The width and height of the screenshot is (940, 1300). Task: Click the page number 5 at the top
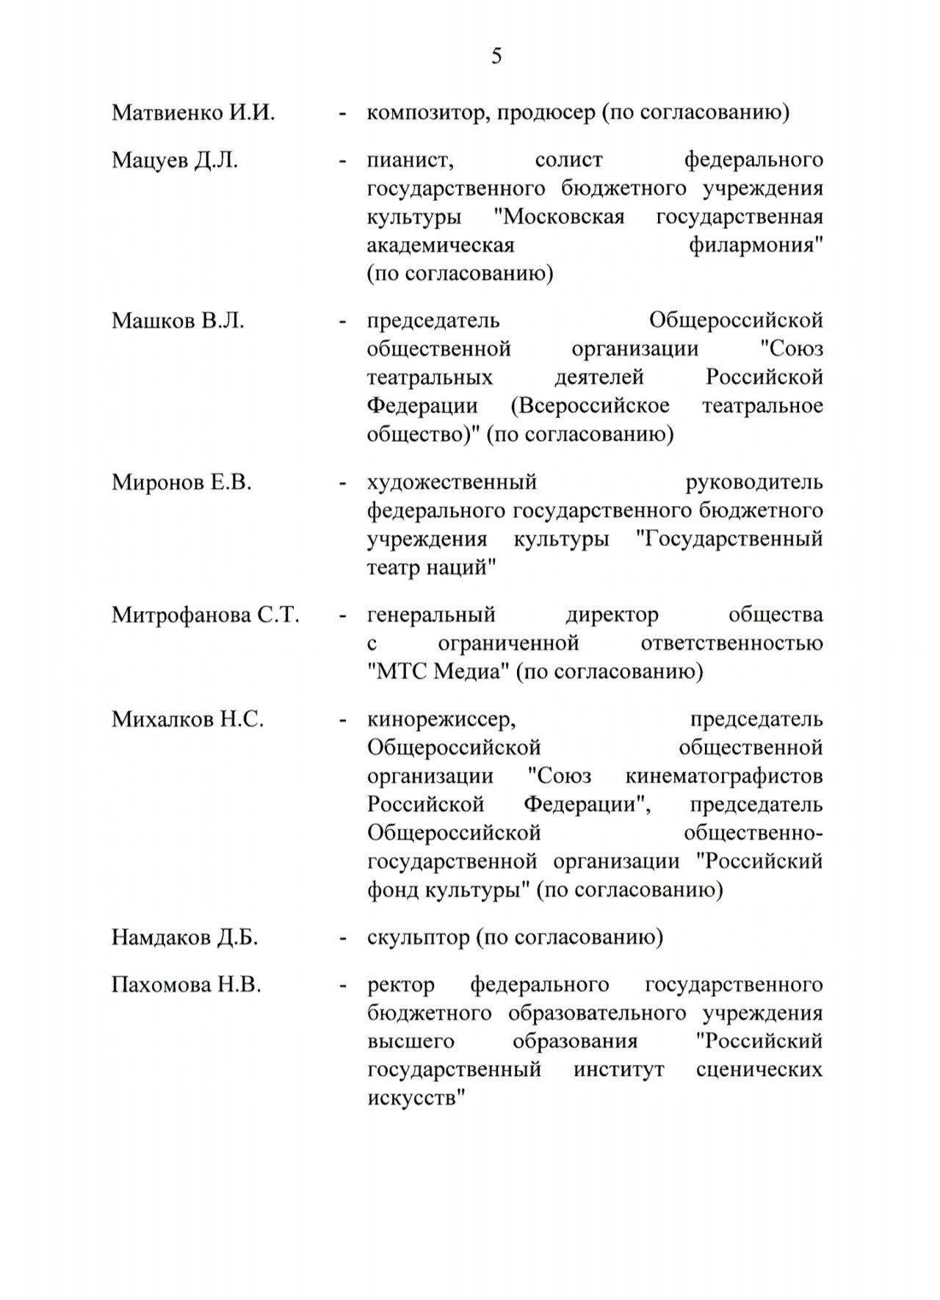(496, 57)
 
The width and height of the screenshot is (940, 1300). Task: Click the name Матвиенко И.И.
(193, 113)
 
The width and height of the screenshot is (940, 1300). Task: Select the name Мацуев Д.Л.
(175, 160)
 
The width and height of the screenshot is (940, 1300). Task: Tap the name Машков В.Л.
(178, 321)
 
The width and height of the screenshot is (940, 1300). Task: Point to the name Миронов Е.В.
(181, 483)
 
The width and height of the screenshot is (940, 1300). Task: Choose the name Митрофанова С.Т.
(206, 615)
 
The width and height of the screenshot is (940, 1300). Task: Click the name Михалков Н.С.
(187, 719)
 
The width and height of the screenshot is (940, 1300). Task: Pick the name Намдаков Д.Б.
(185, 937)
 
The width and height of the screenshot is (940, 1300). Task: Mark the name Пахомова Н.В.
(187, 984)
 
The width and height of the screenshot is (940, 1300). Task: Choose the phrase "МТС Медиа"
(438, 672)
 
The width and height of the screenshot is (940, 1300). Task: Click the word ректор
(400, 985)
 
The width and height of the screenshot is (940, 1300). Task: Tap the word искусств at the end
(416, 1099)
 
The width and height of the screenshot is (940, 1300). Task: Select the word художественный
(452, 483)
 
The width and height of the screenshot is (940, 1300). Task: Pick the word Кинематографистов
(723, 776)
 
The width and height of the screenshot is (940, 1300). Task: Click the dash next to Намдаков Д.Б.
(342, 939)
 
